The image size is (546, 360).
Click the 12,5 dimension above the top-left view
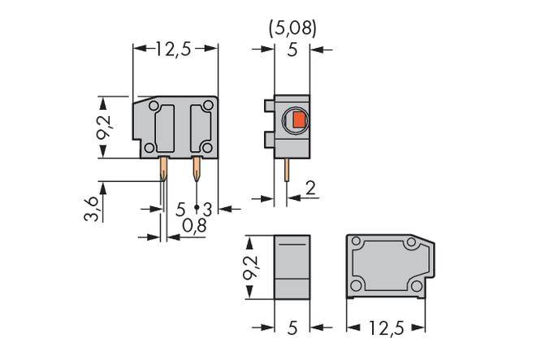tap(173, 49)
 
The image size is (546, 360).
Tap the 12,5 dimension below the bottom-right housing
tap(386, 327)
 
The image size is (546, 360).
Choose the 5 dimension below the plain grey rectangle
tap(292, 327)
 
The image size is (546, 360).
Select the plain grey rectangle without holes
tap(292, 266)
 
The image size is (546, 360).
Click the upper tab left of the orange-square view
tap(268, 105)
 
